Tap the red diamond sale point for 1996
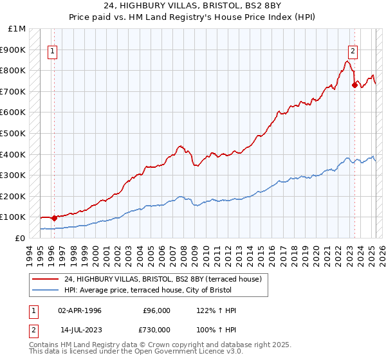54,217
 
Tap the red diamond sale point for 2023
354,84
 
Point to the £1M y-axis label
17,29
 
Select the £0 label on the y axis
21,238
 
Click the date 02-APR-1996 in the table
80,310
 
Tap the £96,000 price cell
156,310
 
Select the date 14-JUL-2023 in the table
80,329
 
